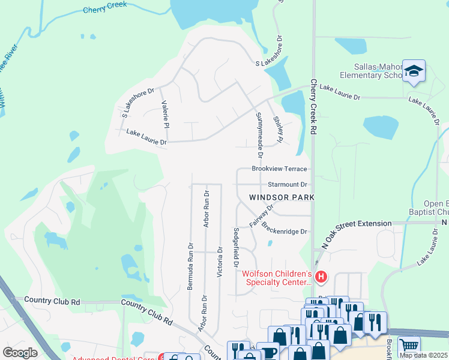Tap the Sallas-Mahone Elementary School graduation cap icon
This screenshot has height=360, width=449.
414,71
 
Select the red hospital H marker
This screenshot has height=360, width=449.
321,277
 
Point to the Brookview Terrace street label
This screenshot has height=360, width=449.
279,169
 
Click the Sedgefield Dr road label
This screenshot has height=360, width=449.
236,247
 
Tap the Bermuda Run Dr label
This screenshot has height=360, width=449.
190,266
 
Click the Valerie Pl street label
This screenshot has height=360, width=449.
164,113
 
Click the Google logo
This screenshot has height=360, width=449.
20,352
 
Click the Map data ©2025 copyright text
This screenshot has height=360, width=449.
423,355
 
